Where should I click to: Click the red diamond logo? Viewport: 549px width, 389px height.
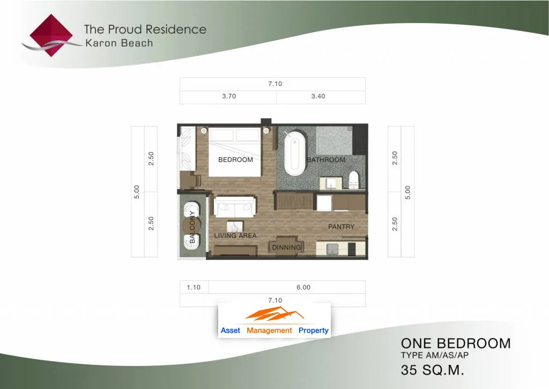click(51, 35)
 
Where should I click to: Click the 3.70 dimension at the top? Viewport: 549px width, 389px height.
click(229, 96)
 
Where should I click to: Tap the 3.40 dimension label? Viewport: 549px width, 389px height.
click(318, 96)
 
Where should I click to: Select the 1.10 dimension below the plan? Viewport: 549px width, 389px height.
click(194, 287)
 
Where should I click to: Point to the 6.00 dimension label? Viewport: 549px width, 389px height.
click(303, 287)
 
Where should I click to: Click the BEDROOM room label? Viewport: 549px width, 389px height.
click(236, 160)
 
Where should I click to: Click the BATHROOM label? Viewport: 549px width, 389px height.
click(326, 160)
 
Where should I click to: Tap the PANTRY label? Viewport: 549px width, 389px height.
click(342, 227)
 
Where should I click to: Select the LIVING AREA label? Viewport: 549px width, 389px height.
click(235, 236)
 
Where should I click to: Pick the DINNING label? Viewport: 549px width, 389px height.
click(287, 247)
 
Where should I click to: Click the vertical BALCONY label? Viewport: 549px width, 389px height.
click(192, 227)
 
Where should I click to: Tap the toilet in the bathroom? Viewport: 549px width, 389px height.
click(354, 180)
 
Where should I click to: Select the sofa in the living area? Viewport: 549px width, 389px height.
click(235, 207)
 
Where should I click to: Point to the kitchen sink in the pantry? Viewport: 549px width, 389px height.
click(332, 249)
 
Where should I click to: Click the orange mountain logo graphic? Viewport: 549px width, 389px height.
click(274, 314)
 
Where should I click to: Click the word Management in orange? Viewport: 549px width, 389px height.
click(269, 330)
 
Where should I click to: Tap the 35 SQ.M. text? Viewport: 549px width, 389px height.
click(433, 370)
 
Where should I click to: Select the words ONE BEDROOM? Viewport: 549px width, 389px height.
click(456, 343)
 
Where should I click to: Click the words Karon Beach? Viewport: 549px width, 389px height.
click(119, 43)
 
